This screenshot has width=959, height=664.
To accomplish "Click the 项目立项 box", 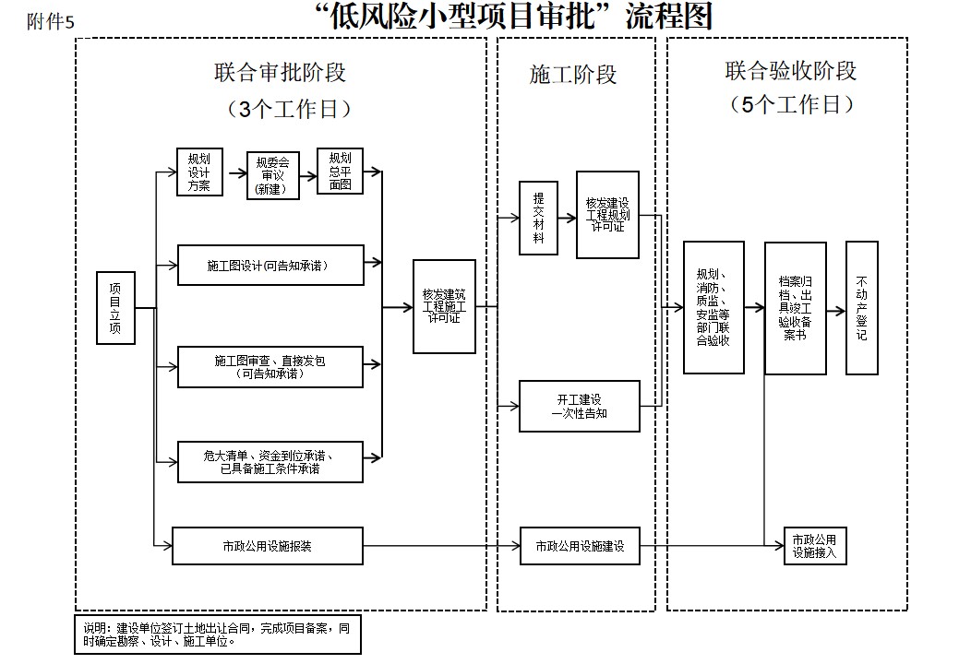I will pyautogui.click(x=115, y=308).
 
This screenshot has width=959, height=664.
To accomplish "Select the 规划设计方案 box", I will pyautogui.click(x=198, y=171).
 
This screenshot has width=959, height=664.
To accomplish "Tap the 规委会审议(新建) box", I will pyautogui.click(x=272, y=174).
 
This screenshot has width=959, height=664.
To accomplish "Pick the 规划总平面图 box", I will pyautogui.click(x=340, y=171).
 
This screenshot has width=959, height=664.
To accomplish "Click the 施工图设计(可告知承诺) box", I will pyautogui.click(x=270, y=266).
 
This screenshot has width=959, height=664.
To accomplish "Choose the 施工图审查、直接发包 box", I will pyautogui.click(x=270, y=367).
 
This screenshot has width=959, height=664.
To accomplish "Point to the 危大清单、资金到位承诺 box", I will pyautogui.click(x=270, y=461).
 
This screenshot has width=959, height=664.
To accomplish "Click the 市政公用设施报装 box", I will pyautogui.click(x=268, y=546).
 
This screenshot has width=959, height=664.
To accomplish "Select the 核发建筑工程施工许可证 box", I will pyautogui.click(x=444, y=306).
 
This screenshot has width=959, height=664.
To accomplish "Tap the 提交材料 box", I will pyautogui.click(x=538, y=218).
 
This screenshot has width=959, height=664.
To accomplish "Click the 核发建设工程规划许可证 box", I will pyautogui.click(x=607, y=214).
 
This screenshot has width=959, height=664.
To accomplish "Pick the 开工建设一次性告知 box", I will pyautogui.click(x=579, y=406).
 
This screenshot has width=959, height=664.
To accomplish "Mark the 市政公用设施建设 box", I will pyautogui.click(x=579, y=546).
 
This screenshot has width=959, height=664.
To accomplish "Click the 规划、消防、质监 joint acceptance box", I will pyautogui.click(x=713, y=307).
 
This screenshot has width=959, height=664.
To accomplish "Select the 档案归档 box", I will pyautogui.click(x=795, y=307).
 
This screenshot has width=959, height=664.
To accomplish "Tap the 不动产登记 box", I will pyautogui.click(x=861, y=307).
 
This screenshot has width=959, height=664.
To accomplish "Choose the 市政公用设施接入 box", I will pyautogui.click(x=814, y=546).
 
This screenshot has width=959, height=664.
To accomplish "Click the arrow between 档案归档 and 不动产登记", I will pyautogui.click(x=836, y=312).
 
